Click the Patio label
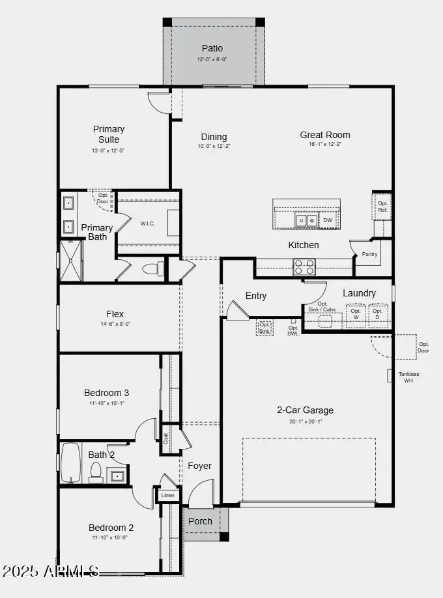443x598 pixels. point(212,48)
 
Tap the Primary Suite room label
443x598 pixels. point(109,134)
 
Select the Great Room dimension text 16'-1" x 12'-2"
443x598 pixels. point(324,145)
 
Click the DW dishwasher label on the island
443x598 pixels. point(328,220)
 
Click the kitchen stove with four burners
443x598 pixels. point(304,266)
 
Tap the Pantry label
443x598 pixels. point(369,254)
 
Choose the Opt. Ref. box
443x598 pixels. point(382,206)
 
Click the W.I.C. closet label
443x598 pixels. point(148,223)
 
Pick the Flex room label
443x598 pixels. point(115,314)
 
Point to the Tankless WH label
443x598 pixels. point(408,377)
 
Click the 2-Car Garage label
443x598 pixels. point(305,410)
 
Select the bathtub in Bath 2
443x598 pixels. point(70,463)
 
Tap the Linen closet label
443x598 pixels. point(167,496)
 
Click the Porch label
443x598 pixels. point(200,521)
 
